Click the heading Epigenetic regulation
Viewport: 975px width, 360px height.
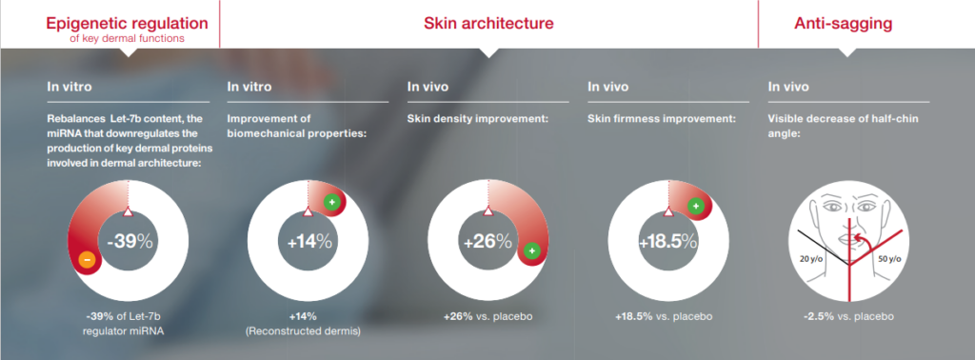pos(127,24)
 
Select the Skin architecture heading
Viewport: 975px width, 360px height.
pos(488,24)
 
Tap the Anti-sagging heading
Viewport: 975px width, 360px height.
pos(844,24)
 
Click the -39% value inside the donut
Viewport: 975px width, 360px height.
pos(129,241)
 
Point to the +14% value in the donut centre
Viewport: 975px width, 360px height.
pos(309,242)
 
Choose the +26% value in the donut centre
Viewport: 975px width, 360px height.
pos(488,241)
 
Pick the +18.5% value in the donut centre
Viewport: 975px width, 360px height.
pos(668,242)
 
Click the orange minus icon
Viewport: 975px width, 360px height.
pos(87,260)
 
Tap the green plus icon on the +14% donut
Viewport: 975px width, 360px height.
pos(332,202)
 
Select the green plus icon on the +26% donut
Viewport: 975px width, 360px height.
pos(531,250)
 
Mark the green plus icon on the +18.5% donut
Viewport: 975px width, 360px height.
pos(696,206)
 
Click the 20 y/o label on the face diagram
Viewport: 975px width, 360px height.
pos(812,258)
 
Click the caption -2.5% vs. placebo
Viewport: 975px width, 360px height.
pos(848,316)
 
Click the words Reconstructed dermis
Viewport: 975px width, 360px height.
pos(303,331)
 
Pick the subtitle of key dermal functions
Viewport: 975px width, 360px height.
pos(127,38)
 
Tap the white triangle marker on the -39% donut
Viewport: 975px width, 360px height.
pos(128,211)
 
